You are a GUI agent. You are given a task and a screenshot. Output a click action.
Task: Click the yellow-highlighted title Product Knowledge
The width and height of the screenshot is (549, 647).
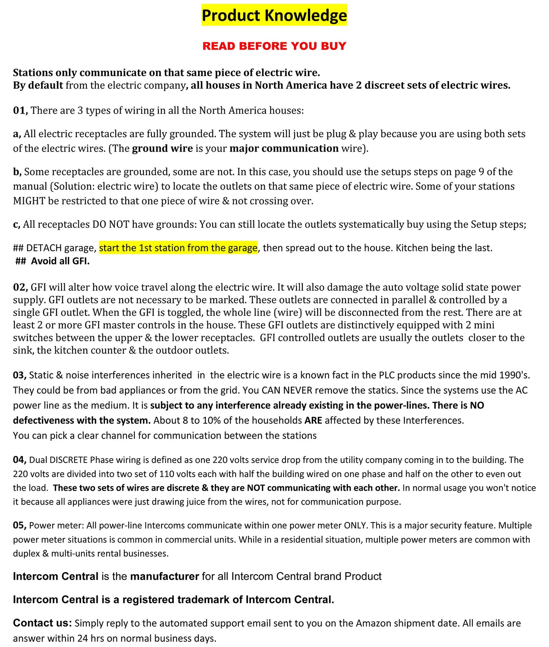(274, 15)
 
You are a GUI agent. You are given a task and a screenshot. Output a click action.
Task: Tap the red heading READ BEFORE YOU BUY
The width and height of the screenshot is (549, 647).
(274, 46)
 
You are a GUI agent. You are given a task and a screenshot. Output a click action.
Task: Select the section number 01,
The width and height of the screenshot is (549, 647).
(20, 110)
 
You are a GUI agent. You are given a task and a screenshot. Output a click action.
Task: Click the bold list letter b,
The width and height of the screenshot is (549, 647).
(17, 172)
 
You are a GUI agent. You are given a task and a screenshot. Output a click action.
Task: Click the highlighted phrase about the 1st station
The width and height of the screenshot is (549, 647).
(178, 248)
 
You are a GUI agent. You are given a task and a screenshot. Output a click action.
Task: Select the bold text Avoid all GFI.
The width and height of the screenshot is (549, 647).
(60, 261)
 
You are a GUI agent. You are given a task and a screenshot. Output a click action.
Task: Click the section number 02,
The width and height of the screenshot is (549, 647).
(20, 287)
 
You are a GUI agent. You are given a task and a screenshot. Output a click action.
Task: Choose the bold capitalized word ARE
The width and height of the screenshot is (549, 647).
(313, 421)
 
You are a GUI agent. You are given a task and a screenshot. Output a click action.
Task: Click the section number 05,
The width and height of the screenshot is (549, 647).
(20, 526)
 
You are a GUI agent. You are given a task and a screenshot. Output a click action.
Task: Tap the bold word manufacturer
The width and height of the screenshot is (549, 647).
(165, 577)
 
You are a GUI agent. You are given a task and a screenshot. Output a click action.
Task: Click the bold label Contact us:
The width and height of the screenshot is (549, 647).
(42, 623)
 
